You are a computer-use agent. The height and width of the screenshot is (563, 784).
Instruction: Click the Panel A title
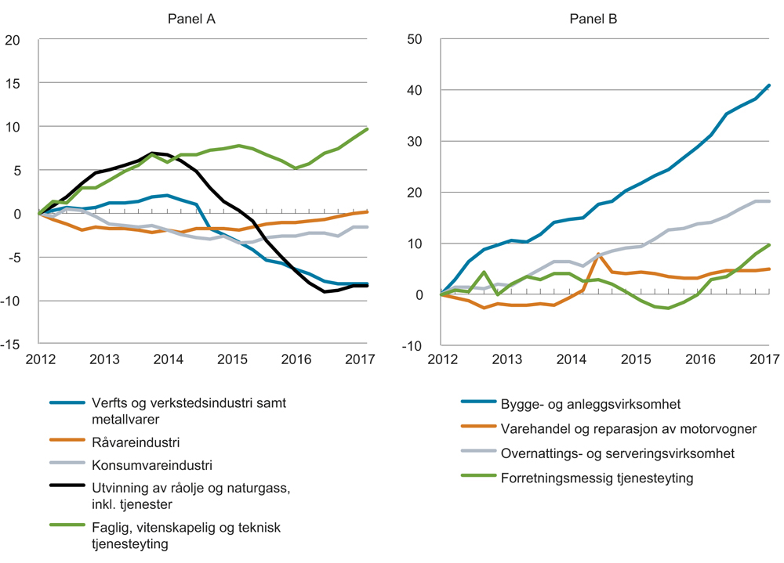pos(191,20)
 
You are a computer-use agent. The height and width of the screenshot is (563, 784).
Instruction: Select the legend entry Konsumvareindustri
pos(150,466)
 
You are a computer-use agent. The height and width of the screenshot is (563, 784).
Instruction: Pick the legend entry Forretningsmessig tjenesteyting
pos(596,477)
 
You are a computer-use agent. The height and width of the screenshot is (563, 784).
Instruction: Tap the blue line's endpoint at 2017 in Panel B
pos(769,85)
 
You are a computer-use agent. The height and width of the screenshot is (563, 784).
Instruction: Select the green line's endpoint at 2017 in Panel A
pos(367,128)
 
